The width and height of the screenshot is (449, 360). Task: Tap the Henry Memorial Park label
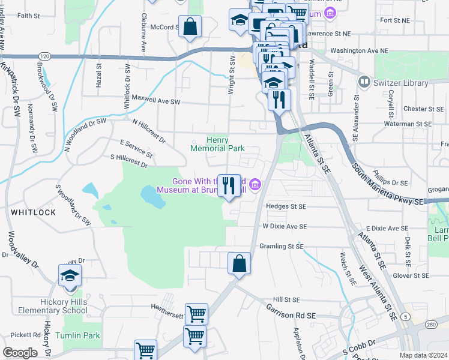217,143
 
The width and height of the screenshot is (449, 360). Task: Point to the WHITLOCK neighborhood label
33,212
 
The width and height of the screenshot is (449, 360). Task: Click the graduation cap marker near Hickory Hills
70,276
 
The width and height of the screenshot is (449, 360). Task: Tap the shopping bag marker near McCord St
190,27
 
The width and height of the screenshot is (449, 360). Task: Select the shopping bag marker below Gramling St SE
239,263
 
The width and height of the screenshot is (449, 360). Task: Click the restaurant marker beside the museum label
228,185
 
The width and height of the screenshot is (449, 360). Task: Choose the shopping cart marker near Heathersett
196,314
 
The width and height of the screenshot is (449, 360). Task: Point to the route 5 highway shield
406,316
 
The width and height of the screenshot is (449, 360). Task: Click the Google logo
20,353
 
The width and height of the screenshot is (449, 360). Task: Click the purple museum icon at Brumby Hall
256,184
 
